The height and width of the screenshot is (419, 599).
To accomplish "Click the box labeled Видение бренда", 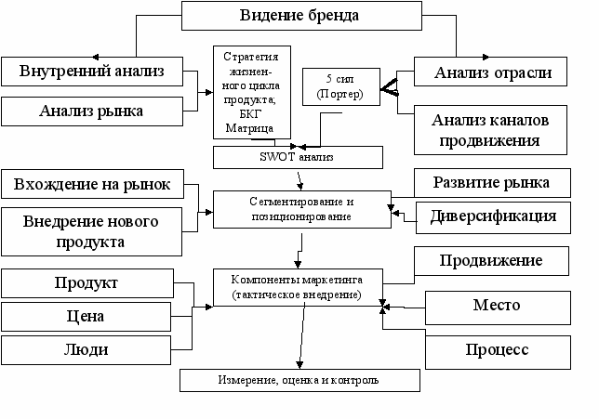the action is [x=301, y=16].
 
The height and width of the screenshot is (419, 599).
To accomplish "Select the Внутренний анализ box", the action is [x=92, y=72].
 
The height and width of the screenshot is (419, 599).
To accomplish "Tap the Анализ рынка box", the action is [x=92, y=111].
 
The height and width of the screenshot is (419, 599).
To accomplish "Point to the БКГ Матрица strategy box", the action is [x=252, y=92].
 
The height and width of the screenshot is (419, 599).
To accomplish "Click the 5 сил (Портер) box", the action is [x=341, y=86].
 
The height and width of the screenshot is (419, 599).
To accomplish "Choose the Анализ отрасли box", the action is [x=490, y=72].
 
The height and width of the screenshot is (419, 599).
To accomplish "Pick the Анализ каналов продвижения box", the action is [x=490, y=130].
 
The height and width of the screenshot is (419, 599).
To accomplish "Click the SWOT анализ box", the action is [x=298, y=157].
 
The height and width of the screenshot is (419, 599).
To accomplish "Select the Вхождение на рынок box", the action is [x=92, y=184].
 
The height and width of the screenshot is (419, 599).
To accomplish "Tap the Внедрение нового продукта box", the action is [x=92, y=231].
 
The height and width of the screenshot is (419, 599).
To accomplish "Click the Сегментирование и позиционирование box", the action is [x=302, y=210].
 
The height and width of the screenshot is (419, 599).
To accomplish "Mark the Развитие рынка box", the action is [x=492, y=183].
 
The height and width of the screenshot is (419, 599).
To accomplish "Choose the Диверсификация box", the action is [x=494, y=217].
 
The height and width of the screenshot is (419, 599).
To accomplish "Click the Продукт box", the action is [x=87, y=283].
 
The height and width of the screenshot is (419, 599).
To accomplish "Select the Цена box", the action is [x=86, y=317].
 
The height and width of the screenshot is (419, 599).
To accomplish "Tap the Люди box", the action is [x=86, y=350].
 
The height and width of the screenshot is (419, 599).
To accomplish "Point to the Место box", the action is [x=499, y=308].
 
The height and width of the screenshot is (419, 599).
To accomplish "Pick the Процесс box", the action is [x=499, y=353].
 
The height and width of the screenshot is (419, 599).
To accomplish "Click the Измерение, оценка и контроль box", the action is [x=299, y=381].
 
